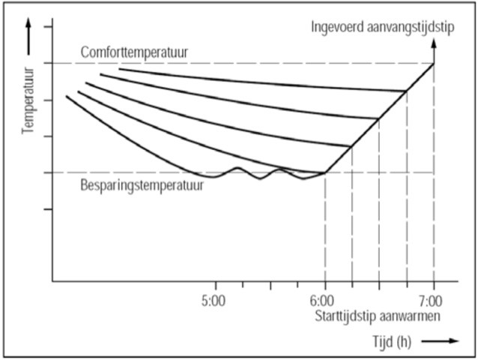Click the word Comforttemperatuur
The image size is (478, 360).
[134, 53]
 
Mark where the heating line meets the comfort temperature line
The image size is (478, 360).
[434, 63]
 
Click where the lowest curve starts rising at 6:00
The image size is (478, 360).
[324, 172]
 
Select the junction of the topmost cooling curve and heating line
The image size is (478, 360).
[407, 91]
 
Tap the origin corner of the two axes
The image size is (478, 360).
[52, 281]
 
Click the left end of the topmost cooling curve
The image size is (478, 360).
[120, 69]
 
